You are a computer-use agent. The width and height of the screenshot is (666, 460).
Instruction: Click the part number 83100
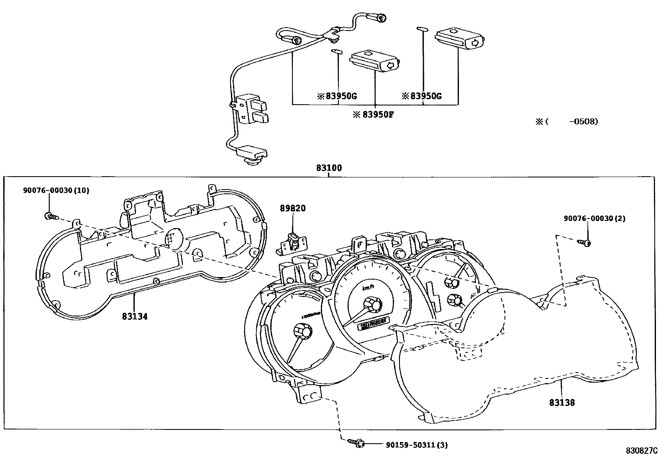point(329,168)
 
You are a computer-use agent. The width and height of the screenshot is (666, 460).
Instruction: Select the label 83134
point(135,317)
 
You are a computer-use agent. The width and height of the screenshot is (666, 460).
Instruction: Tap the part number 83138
point(562,403)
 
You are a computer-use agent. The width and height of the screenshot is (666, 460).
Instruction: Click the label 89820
point(293,208)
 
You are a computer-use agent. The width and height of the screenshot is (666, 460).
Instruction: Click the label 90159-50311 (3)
point(416,445)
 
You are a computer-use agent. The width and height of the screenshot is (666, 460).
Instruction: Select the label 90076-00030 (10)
point(56,190)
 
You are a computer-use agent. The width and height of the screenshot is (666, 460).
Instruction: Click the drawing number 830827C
point(642,450)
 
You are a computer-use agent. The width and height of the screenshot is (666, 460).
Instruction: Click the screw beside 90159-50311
point(356,442)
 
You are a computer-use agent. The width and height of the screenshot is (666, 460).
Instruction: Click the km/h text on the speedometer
point(368,288)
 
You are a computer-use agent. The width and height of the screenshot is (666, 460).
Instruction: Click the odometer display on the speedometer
point(374,323)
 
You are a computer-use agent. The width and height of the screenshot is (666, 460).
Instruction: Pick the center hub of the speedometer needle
point(372,304)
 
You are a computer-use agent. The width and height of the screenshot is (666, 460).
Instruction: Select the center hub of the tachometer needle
point(303,332)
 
